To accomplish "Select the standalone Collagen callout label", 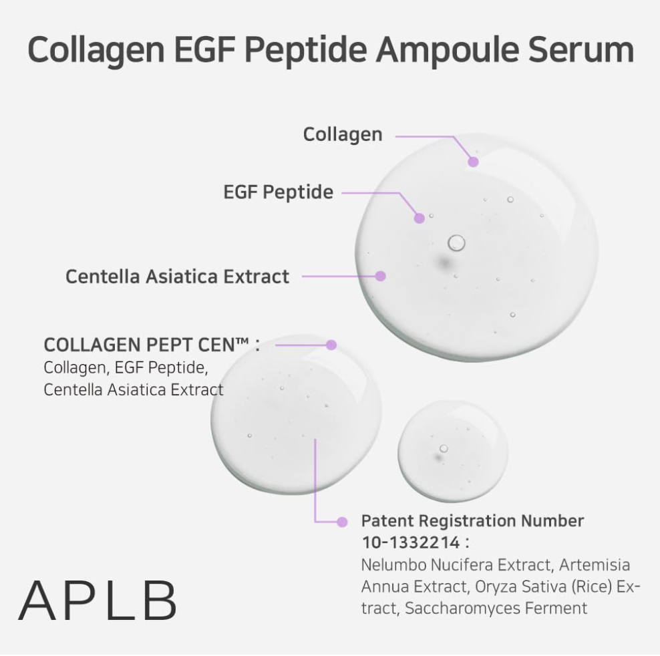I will pyautogui.click(x=343, y=134).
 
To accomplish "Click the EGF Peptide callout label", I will pyautogui.click(x=278, y=192).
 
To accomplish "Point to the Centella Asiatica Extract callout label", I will pyautogui.click(x=178, y=276).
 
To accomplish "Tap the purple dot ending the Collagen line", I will pyautogui.click(x=474, y=162).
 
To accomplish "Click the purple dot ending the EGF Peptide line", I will pyautogui.click(x=419, y=218).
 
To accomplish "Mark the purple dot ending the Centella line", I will pyautogui.click(x=381, y=275).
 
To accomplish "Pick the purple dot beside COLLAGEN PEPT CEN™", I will pyautogui.click(x=331, y=345).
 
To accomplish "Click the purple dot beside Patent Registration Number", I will pyautogui.click(x=343, y=521).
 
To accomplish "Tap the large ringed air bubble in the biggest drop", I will pyautogui.click(x=457, y=242).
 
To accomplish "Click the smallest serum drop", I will pyautogui.click(x=452, y=452).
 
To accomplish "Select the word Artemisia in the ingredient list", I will pyautogui.click(x=595, y=565).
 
